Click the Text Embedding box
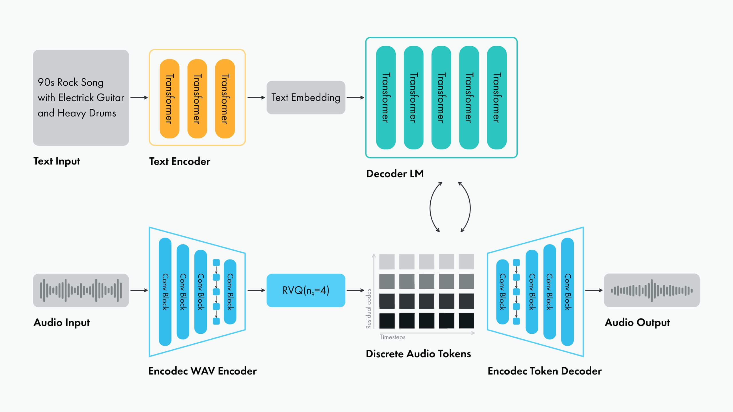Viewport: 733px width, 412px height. [306, 98]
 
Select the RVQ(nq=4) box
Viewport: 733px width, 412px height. [306, 290]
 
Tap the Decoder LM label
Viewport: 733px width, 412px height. [395, 174]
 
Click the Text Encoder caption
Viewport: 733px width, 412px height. [180, 161]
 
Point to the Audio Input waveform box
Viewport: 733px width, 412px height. [81, 290]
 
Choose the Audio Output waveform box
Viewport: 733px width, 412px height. [652, 290]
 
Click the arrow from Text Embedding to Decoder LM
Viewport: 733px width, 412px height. [355, 98]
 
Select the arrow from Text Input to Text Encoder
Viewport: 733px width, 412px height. [139, 98]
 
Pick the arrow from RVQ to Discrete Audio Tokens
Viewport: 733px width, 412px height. [355, 290]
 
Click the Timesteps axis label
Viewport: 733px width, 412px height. [393, 337]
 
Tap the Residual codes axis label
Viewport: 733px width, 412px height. [369, 309]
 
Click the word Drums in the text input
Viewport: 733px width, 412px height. [103, 113]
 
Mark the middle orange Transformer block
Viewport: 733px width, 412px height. [197, 99]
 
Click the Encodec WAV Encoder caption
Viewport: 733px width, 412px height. [202, 371]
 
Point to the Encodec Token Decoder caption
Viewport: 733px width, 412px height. [545, 371]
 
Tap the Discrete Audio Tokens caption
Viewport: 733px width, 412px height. [418, 354]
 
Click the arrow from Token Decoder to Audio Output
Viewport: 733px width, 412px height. [594, 290]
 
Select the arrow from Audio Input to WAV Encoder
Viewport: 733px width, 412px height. [139, 290]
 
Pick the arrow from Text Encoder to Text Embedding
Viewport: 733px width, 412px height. [256, 98]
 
